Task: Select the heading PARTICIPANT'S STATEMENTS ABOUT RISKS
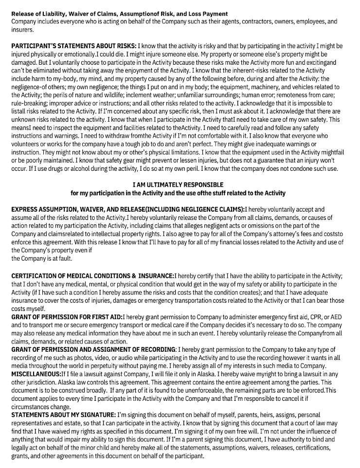[x=73, y=44]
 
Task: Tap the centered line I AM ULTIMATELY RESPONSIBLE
[x=178, y=185]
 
